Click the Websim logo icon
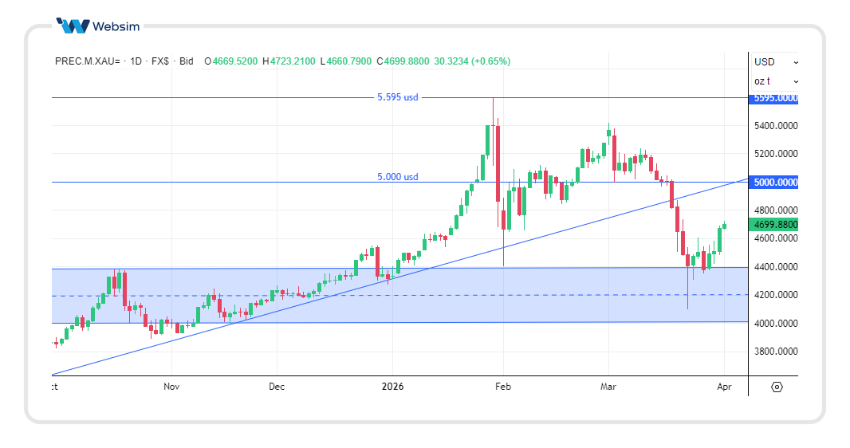click(73, 26)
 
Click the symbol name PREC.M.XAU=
click(88, 61)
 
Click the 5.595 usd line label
click(397, 97)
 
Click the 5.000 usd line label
click(397, 177)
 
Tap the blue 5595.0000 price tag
click(774, 98)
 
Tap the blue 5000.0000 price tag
click(774, 183)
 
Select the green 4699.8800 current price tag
click(774, 225)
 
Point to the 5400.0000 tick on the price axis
click(774, 126)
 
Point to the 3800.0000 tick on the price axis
click(774, 352)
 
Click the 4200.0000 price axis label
click(774, 295)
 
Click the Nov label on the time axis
click(171, 387)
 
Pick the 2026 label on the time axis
click(392, 387)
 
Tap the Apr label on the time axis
click(723, 387)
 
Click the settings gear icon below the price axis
click(777, 387)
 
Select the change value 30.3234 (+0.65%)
click(472, 61)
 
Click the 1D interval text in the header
click(136, 61)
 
